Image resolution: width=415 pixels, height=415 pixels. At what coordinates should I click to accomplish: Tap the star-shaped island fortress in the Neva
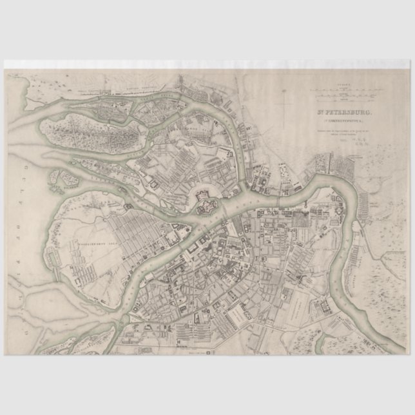coord(207,207)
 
